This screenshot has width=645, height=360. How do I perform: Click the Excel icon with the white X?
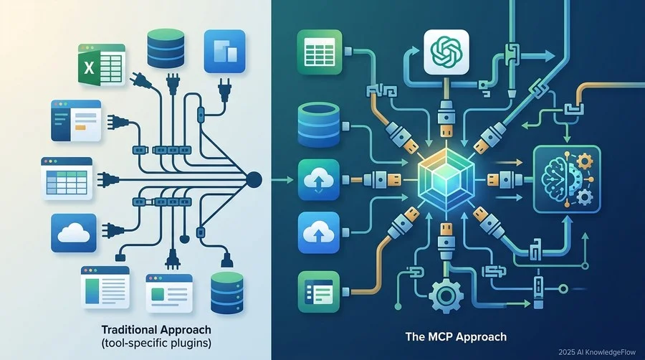point(101,65)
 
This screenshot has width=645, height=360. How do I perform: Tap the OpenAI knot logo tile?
point(446,52)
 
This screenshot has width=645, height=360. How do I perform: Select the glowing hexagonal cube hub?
point(446,180)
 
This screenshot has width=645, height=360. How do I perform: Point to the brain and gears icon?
point(567,179)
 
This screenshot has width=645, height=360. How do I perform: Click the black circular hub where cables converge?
point(253,180)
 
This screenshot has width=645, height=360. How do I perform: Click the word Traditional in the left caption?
point(129,330)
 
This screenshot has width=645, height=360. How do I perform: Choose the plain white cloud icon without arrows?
point(74,233)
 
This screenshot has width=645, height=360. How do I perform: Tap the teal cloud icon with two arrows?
point(318,180)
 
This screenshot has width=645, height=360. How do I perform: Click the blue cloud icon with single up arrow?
point(318,232)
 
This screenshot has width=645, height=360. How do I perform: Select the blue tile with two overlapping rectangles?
point(224,51)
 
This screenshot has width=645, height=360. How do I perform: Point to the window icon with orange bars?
point(76,120)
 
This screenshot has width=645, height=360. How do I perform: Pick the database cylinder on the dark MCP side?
point(318,125)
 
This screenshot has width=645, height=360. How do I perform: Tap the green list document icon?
point(318,292)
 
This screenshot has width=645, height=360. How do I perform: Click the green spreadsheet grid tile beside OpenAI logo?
point(319,52)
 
